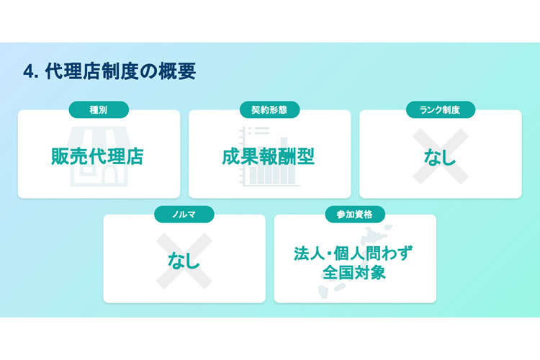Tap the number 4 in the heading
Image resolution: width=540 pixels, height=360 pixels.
point(28,72)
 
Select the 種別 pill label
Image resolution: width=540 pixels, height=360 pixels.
point(99,109)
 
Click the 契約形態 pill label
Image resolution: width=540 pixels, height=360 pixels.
point(269,109)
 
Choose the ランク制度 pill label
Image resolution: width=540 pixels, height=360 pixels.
point(440,109)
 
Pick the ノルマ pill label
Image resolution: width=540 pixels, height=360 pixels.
point(184,214)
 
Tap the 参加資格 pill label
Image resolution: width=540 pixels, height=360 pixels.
point(355,214)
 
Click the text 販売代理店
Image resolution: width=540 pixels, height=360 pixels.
point(98,156)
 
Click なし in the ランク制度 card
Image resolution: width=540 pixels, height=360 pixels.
point(440,156)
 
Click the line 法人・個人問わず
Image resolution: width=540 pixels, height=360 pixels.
point(355,254)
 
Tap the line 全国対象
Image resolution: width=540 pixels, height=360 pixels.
point(355,274)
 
